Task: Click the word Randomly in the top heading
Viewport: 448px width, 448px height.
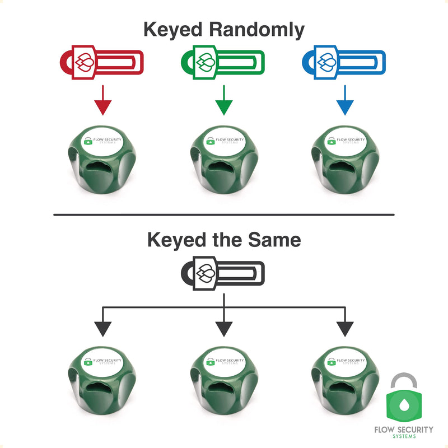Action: click(x=256, y=30)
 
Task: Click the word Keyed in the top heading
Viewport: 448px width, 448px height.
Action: click(x=173, y=30)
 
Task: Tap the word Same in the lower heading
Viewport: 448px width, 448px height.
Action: click(x=274, y=240)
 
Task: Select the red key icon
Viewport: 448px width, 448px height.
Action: click(x=102, y=62)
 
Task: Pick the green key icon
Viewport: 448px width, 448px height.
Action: click(x=223, y=62)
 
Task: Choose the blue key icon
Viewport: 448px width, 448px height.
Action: click(x=344, y=62)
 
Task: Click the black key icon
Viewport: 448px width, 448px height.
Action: click(x=223, y=273)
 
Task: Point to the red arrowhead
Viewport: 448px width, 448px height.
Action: click(x=103, y=108)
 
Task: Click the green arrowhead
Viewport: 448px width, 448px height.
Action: click(x=224, y=108)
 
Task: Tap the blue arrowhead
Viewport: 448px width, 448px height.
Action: click(x=345, y=108)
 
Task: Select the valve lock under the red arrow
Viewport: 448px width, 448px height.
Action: click(x=102, y=160)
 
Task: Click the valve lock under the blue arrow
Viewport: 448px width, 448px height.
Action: click(x=346, y=160)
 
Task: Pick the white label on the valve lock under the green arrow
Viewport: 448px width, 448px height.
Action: click(x=225, y=141)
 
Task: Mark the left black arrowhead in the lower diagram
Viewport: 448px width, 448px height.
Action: click(x=103, y=329)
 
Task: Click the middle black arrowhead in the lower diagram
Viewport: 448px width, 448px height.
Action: click(x=224, y=329)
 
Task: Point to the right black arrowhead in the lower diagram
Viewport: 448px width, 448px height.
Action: click(x=345, y=329)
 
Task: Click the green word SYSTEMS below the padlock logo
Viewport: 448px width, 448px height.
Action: click(x=404, y=436)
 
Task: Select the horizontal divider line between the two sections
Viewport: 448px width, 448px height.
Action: click(x=224, y=214)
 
